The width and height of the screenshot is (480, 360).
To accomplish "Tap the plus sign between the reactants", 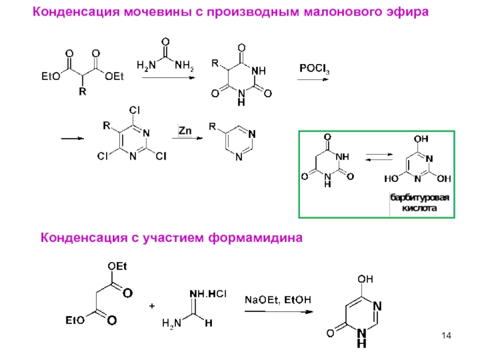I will pyautogui.click(x=152, y=306).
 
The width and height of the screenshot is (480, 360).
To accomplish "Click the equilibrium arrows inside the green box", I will pyautogui.click(x=379, y=158).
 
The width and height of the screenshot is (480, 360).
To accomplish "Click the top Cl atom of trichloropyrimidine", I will pyautogui.click(x=135, y=110).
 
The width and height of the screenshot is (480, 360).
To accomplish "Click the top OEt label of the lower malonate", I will pyautogui.click(x=118, y=266).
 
